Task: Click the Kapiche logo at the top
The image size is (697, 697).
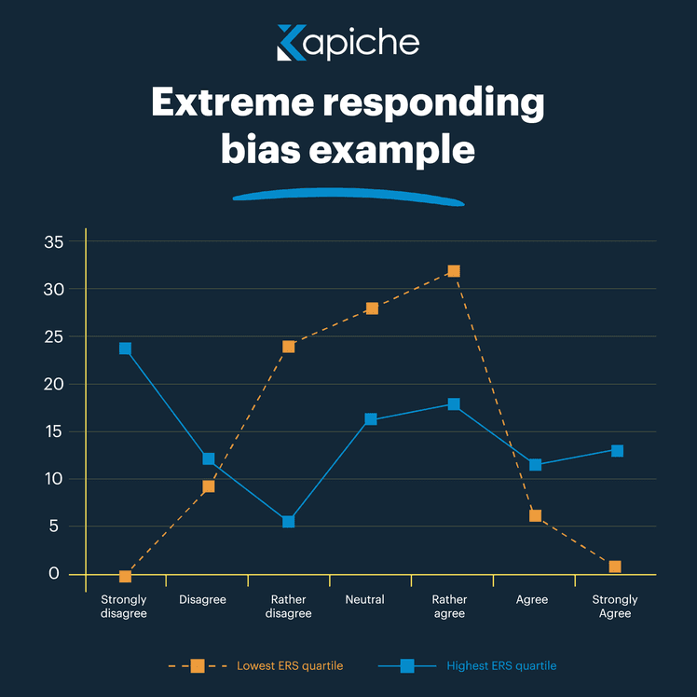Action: [348, 43]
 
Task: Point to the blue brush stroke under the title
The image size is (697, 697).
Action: [348, 196]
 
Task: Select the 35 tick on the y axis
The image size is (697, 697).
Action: [54, 242]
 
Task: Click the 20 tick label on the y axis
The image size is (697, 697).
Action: [54, 384]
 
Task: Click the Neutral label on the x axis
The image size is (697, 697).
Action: [364, 599]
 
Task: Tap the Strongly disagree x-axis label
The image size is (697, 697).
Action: [124, 607]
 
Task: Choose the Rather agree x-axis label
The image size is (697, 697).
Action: [450, 607]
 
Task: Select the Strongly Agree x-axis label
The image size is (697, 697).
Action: [615, 607]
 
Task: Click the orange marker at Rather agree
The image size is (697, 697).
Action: [454, 271]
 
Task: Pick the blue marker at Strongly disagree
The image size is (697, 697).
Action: [125, 348]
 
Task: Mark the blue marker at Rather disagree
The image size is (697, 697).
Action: [289, 522]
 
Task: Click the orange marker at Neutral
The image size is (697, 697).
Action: [372, 308]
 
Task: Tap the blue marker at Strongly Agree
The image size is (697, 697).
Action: [617, 451]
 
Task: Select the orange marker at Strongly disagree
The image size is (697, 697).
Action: [125, 576]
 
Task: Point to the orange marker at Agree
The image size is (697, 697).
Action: [535, 515]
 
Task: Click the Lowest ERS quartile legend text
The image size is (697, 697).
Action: [289, 666]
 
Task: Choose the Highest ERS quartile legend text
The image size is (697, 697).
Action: [501, 666]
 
